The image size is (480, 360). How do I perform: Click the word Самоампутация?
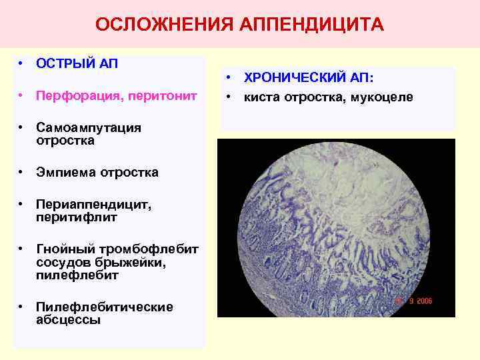89,128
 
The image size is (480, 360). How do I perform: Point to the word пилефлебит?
77,275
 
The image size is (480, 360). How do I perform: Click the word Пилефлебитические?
105,307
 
